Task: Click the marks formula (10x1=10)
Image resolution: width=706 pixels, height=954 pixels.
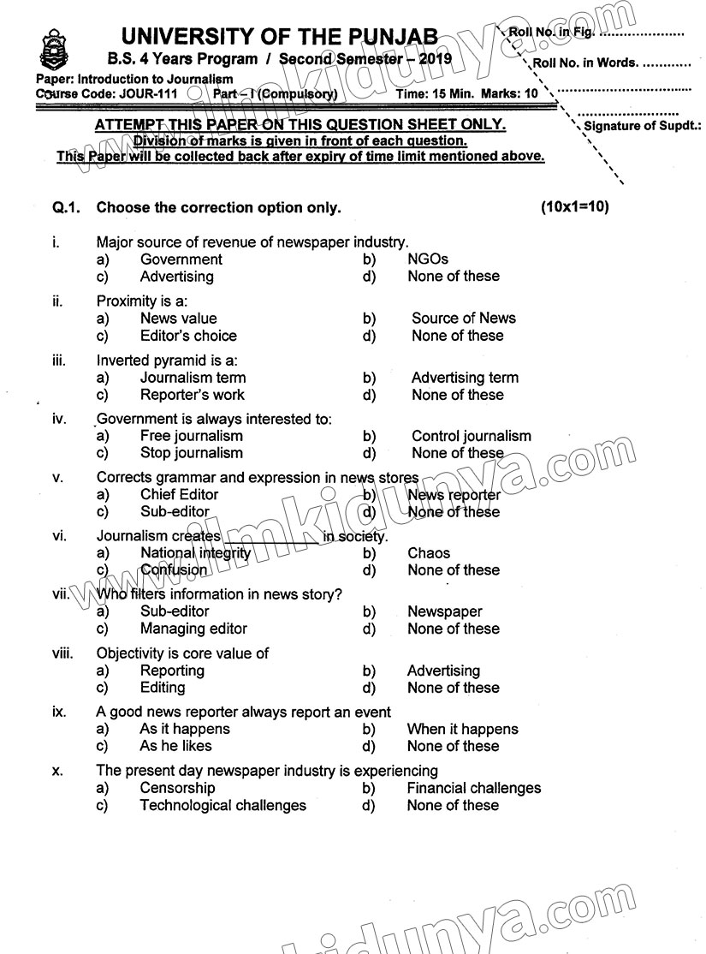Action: (x=574, y=207)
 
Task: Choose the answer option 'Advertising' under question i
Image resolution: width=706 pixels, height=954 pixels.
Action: (x=176, y=277)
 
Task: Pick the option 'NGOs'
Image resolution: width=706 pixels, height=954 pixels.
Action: (x=428, y=259)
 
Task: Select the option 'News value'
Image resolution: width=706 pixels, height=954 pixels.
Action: (x=178, y=319)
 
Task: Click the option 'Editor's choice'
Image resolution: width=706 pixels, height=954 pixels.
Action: (x=188, y=336)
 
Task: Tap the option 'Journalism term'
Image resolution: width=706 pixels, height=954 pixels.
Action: (x=193, y=378)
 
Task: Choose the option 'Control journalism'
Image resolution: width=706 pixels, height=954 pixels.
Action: (x=471, y=436)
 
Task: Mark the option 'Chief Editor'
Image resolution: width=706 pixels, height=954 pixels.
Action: (x=179, y=494)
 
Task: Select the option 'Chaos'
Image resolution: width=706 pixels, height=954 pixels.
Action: (x=429, y=553)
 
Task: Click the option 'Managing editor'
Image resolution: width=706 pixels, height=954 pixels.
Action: (x=193, y=629)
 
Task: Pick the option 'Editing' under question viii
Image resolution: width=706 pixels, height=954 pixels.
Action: (x=162, y=688)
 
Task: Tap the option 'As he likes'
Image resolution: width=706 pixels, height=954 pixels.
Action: (x=175, y=746)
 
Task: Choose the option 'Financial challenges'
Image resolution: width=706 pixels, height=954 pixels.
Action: (x=473, y=788)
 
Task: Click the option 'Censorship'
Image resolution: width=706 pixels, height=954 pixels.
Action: (x=177, y=788)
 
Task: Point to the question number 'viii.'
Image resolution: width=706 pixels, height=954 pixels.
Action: (x=62, y=653)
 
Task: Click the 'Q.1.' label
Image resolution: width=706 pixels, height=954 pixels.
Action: (x=66, y=207)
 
